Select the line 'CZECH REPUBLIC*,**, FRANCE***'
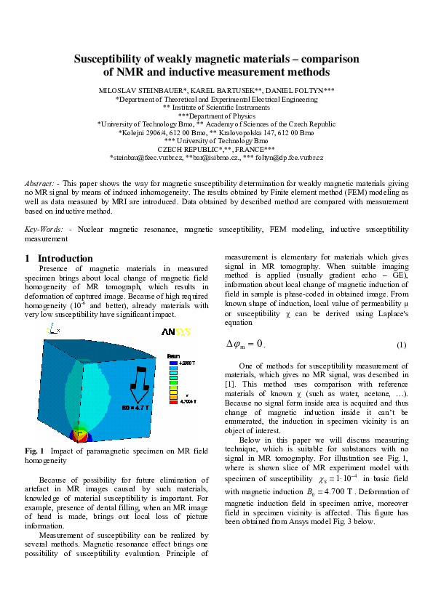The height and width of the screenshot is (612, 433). click(215, 148)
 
